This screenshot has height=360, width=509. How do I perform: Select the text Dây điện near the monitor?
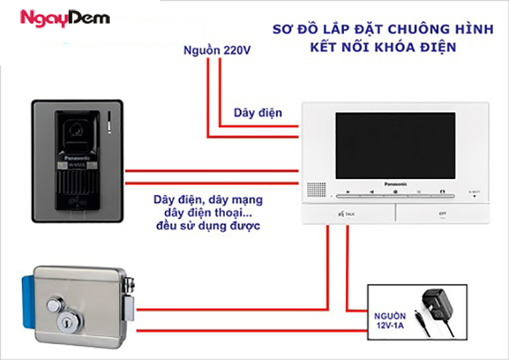coord(257,113)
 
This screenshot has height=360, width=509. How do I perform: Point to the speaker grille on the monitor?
coord(316,188)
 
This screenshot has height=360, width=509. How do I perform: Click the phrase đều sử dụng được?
coord(207,226)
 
